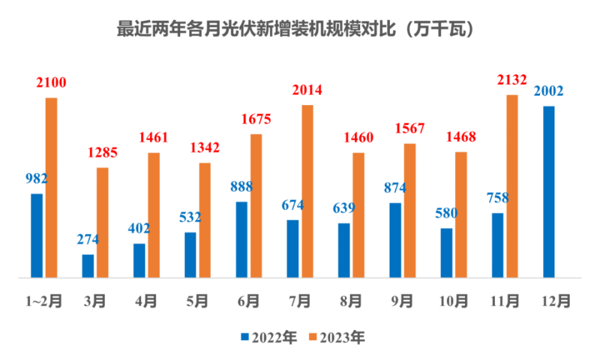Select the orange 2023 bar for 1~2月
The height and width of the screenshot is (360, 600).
51,187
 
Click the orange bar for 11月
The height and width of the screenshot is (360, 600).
512,186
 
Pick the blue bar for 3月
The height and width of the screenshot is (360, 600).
88,266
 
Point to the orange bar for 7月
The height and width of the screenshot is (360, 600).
307,191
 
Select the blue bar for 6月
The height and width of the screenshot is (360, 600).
242,239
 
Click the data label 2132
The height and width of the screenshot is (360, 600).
512,79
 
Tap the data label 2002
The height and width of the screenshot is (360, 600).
549,91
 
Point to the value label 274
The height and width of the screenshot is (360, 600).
88,239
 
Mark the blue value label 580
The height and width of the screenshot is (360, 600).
446,213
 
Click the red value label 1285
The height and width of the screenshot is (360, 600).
102,152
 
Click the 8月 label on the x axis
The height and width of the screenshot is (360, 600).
351,301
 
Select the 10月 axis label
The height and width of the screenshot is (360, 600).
454,301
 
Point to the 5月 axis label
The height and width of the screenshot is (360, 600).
197,301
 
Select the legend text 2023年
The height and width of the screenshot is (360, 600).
342,337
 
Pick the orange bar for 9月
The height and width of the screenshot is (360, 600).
409,211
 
